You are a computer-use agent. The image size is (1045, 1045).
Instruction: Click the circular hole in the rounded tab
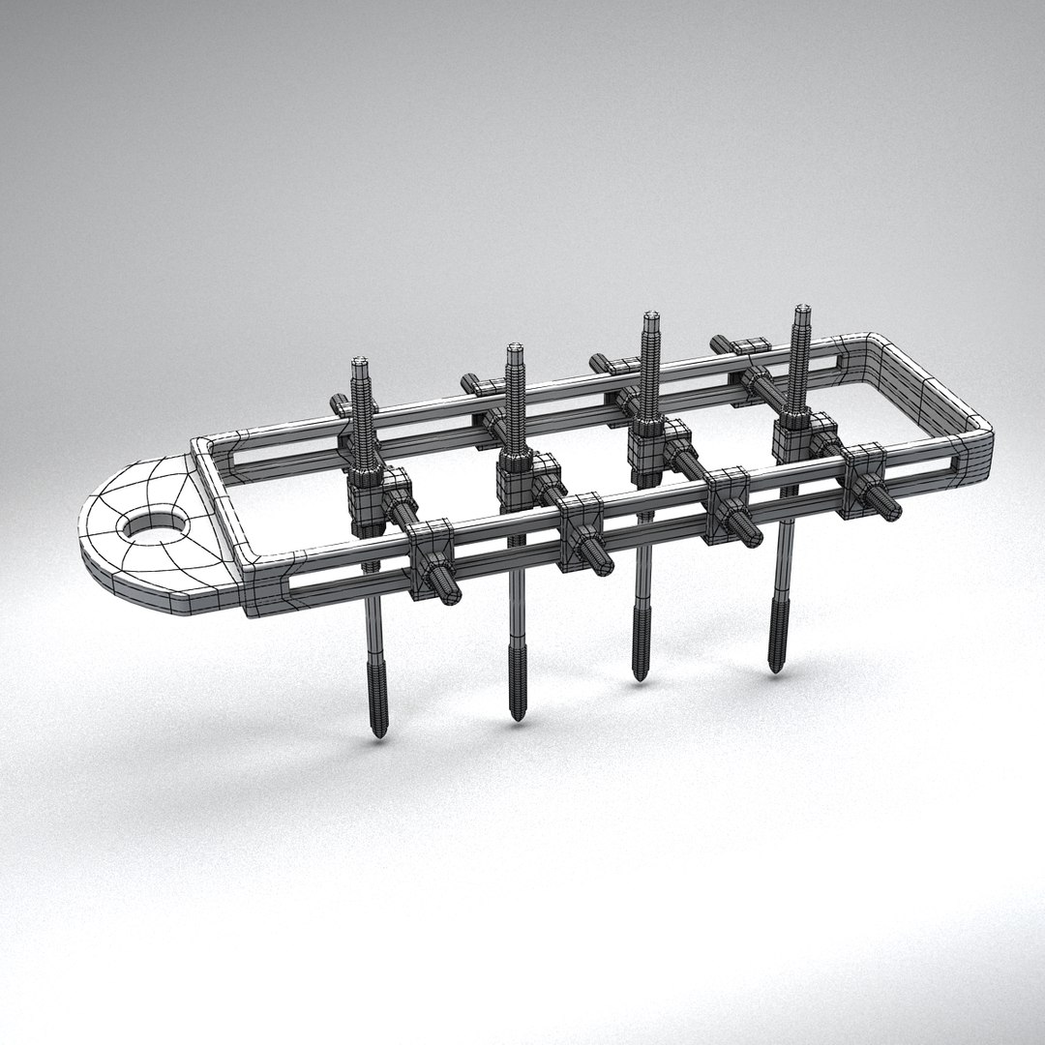[x=152, y=526]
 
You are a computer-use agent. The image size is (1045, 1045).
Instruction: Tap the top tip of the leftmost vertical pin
[x=360, y=363]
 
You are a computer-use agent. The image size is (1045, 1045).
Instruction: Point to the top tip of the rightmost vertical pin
[x=801, y=311]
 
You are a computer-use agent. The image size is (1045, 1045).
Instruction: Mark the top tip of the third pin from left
[x=652, y=316]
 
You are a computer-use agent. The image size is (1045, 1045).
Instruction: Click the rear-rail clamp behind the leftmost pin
[x=341, y=404]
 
